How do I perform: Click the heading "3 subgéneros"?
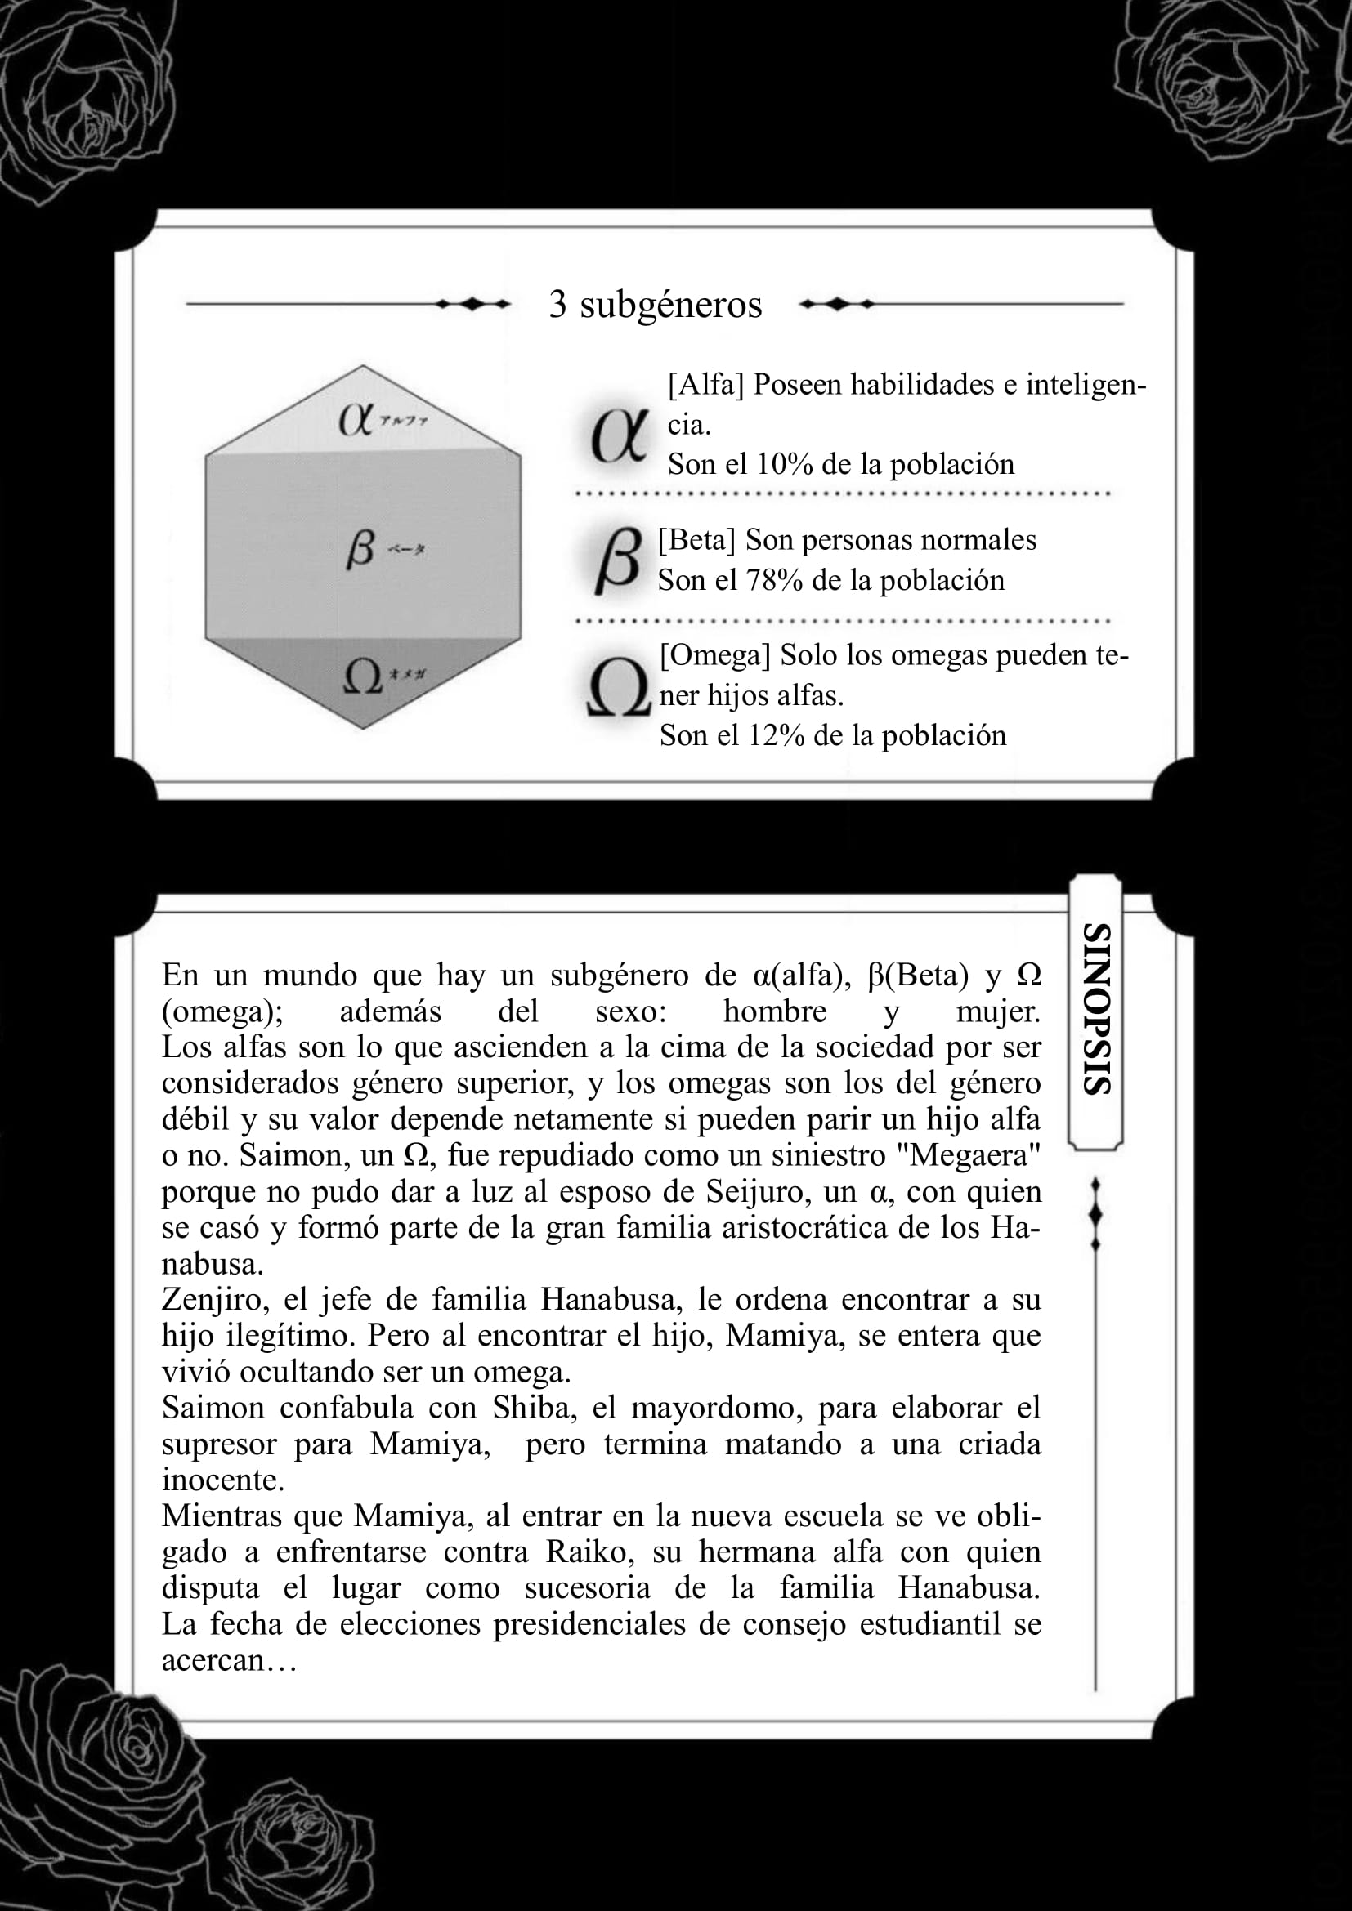click(x=655, y=305)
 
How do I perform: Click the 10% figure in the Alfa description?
click(x=783, y=464)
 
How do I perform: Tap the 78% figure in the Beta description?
click(x=773, y=580)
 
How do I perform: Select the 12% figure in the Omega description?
click(x=775, y=736)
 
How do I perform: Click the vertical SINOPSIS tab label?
click(x=1095, y=1009)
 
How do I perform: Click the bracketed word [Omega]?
click(x=715, y=655)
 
